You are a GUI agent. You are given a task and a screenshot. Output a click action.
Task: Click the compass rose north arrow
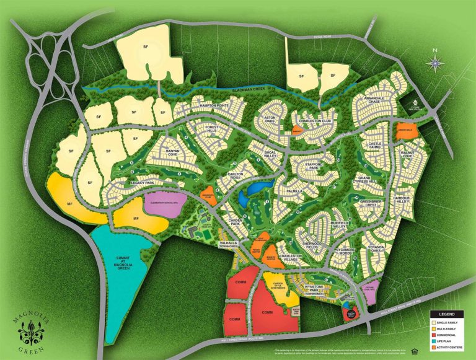[x=436, y=62]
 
